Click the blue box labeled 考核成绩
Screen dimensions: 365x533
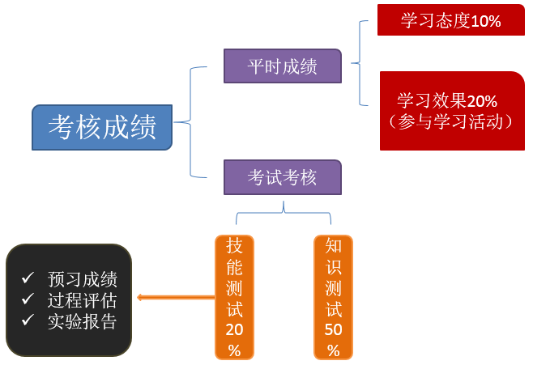click(102, 127)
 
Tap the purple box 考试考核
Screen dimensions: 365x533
click(282, 177)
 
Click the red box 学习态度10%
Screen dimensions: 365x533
click(450, 21)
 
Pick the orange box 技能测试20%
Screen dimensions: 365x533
click(234, 297)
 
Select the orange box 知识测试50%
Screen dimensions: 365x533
click(333, 297)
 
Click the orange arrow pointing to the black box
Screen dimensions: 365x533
click(174, 298)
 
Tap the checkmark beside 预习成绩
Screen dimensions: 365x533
click(28, 278)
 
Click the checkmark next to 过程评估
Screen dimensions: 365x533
click(28, 299)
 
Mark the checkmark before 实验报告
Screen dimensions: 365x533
click(28, 320)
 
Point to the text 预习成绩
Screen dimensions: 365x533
click(82, 279)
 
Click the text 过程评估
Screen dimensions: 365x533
click(82, 300)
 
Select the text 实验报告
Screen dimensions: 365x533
click(82, 321)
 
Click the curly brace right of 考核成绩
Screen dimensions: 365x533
click(189, 122)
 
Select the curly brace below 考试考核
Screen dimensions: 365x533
click(284, 213)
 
